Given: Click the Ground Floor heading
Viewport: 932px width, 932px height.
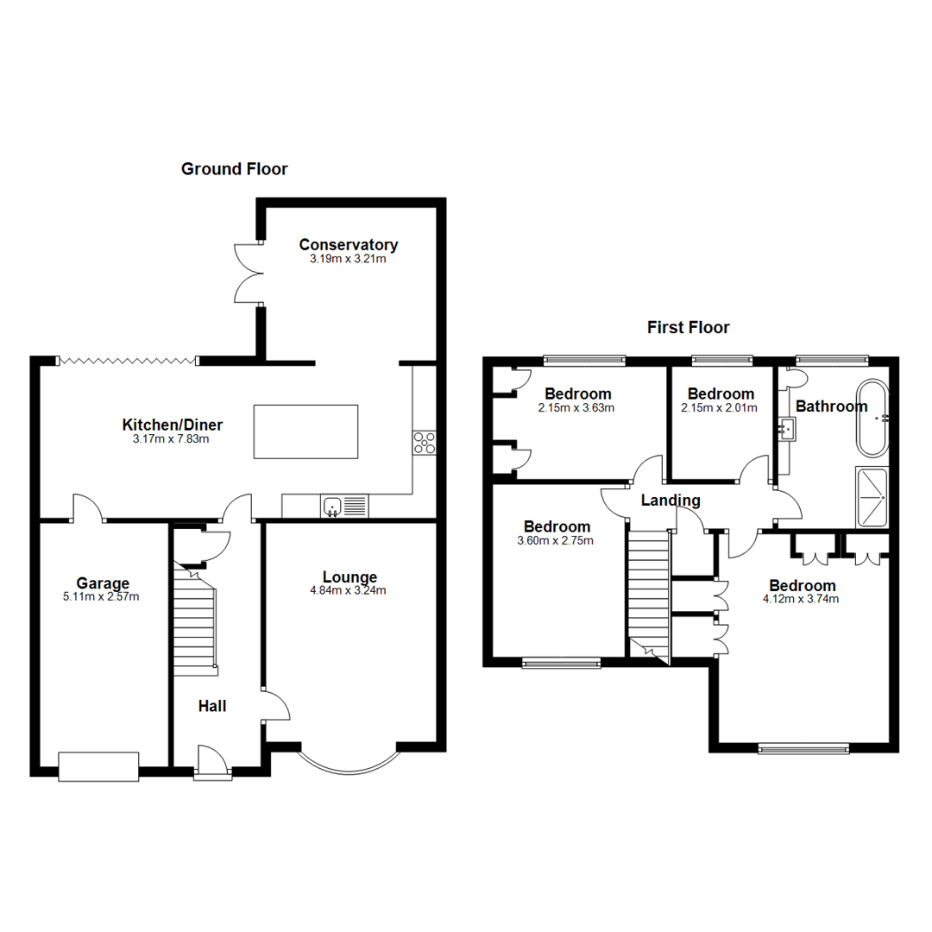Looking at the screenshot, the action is [x=234, y=169].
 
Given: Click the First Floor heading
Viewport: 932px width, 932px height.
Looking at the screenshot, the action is [x=689, y=328].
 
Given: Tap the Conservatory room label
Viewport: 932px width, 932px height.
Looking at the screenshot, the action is [x=349, y=245].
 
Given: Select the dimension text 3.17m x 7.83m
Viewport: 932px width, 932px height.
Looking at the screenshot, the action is [x=171, y=439].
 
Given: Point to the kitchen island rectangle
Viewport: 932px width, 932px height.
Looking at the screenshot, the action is [x=306, y=432].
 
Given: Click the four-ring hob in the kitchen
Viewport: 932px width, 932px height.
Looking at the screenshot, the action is [x=425, y=443].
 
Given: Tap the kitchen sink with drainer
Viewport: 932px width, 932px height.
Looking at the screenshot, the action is [x=344, y=507].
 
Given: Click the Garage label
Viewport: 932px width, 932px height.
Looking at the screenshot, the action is [x=103, y=583].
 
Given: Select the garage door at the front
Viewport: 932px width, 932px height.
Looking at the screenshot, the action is [x=98, y=766].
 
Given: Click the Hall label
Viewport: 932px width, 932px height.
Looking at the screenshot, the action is [x=212, y=706].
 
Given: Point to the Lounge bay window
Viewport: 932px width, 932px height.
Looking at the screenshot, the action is [x=349, y=762].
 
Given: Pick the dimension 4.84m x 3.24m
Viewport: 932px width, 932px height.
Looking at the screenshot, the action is [x=349, y=590].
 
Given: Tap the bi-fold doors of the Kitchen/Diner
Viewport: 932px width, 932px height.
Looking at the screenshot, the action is [x=128, y=360].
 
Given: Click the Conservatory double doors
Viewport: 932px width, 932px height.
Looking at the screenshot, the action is [x=249, y=274].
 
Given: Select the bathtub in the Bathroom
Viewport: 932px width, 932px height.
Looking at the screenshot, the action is [x=872, y=418].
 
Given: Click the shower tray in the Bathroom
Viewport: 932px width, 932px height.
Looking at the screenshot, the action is [x=872, y=498].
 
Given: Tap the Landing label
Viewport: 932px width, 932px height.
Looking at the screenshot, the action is [x=671, y=501].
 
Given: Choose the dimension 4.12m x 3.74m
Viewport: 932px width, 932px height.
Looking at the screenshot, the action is [x=801, y=599].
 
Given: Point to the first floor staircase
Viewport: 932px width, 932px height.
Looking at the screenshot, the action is [x=648, y=595].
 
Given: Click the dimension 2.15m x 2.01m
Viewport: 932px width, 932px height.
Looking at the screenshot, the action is [x=719, y=407].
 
